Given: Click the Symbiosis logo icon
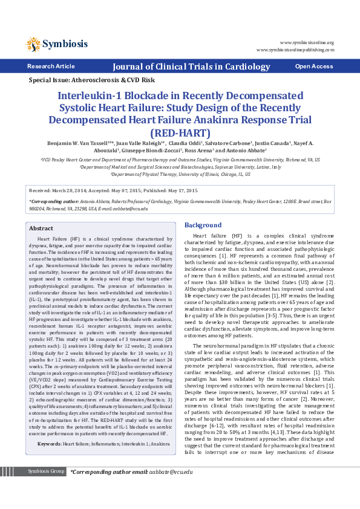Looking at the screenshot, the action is pyautogui.click(x=33, y=44).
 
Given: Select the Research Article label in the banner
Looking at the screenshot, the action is pyautogui.click(x=51, y=66).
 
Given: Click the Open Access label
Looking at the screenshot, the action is pyautogui.click(x=313, y=66).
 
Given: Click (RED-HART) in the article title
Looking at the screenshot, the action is pyautogui.click(x=179, y=131).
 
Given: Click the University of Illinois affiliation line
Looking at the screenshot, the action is pyautogui.click(x=180, y=173).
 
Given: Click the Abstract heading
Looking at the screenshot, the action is pyautogui.click(x=41, y=229).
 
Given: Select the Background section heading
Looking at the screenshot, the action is pyautogui.click(x=203, y=225).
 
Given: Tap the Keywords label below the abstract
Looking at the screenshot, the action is pyautogui.click(x=50, y=427).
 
